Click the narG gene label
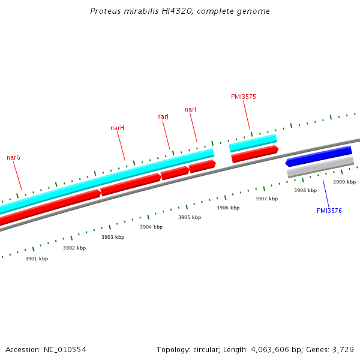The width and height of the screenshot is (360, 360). tap(14, 157)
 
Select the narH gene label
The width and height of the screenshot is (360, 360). tap(117, 128)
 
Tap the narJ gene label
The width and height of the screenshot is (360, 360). tap(163, 116)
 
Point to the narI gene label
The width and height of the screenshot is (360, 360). tap(190, 109)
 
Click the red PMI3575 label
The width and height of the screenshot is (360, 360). tap(243, 97)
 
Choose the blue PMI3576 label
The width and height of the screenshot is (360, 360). tap(329, 211)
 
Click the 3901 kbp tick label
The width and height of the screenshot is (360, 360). tap(37, 259)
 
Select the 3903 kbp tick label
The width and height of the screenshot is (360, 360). tap(113, 237)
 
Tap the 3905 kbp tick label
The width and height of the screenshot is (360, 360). tap(190, 217)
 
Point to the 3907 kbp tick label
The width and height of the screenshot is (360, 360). tap(266, 199)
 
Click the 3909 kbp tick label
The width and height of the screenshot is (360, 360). tap(344, 182)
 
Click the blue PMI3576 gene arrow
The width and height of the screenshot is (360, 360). tap(319, 156)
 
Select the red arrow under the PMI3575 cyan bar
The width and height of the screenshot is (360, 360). tap(255, 154)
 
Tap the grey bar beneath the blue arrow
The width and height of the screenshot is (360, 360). tap(320, 167)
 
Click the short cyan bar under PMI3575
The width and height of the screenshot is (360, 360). tap(253, 143)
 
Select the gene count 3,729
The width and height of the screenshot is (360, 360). tap(343, 349)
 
